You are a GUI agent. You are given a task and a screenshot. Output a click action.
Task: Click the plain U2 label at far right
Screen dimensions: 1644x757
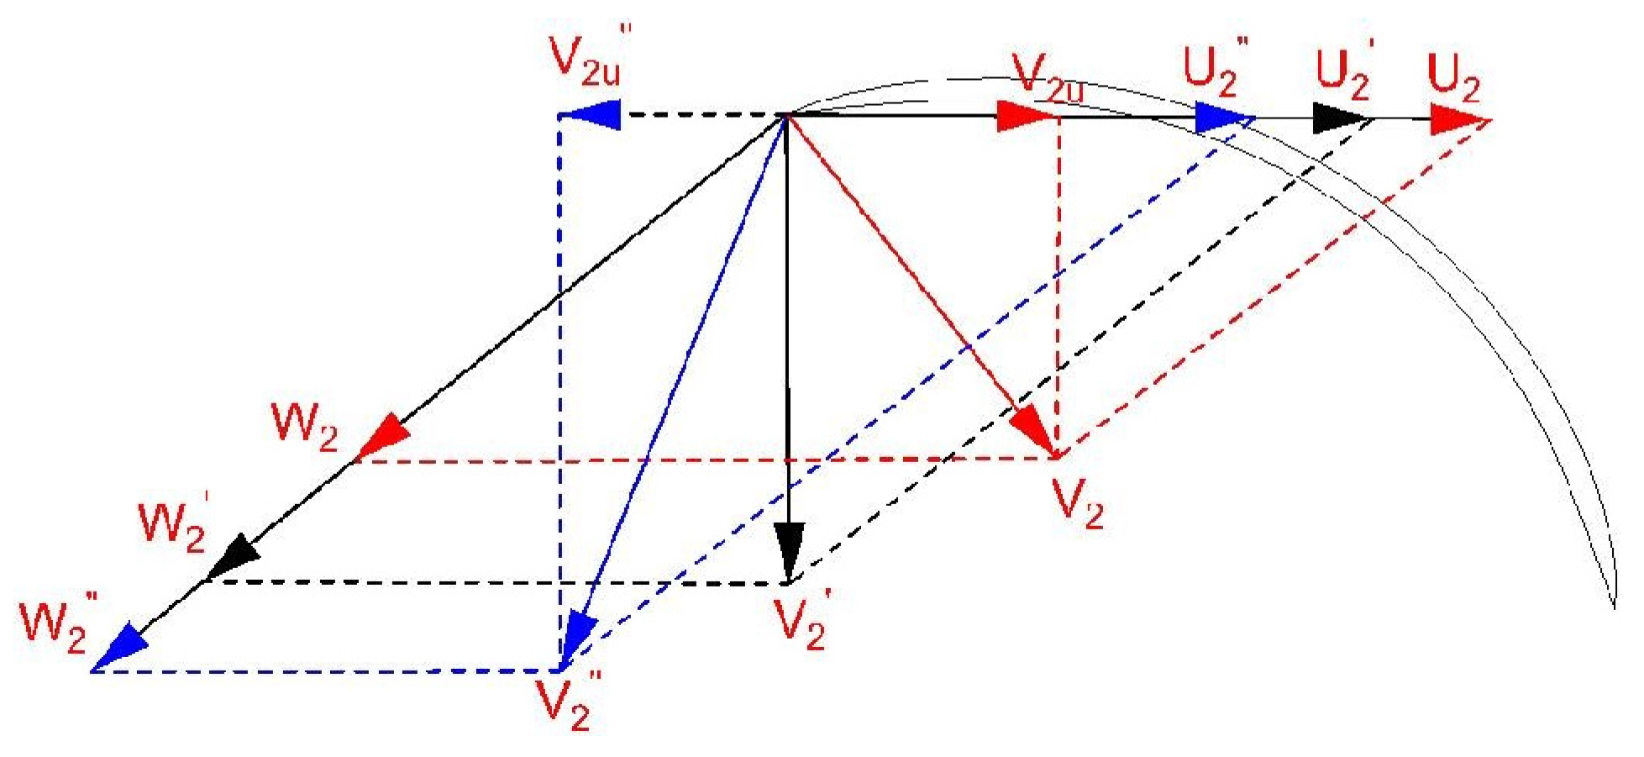(1453, 80)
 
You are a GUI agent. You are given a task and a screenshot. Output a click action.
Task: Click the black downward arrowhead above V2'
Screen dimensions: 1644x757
(789, 551)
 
